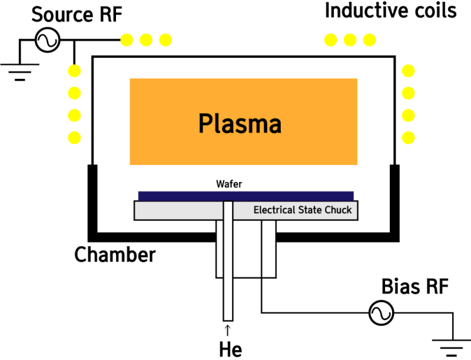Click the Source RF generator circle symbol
coord(47,40)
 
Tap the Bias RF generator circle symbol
coord(381,313)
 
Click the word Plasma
coord(240,124)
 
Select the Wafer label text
coord(229,184)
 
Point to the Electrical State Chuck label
coord(303,210)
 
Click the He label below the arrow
coord(230,348)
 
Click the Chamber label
coord(115,255)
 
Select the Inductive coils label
coord(390,11)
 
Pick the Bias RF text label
coord(415,287)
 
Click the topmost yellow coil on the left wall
coord(74,71)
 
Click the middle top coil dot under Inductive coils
coord(350,40)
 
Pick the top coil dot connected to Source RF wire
coord(127,40)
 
